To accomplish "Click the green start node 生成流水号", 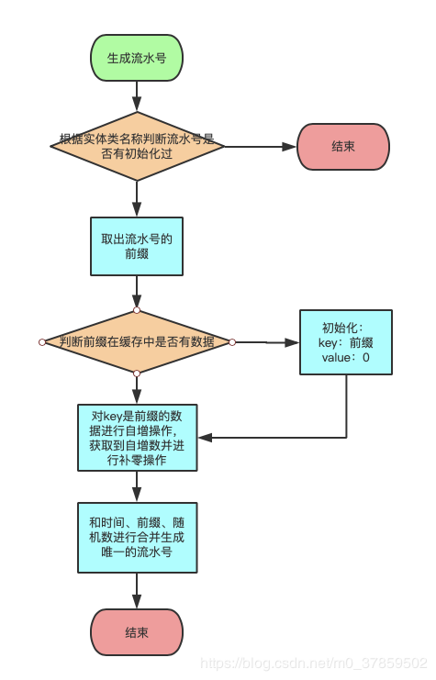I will pos(137,58).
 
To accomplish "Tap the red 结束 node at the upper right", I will pos(343,147).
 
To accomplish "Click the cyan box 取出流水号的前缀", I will pos(137,246).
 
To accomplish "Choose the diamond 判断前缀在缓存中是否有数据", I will pos(137,342).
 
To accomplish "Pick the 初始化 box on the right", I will pos(346,342).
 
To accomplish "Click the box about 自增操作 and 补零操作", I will pos(137,436).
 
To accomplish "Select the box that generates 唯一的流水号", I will pos(137,537).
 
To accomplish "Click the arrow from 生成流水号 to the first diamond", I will pos(137,94).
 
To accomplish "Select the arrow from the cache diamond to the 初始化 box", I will pos(266,342).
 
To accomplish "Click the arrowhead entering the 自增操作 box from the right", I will pos(204,438).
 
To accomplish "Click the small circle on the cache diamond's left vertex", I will pos(42,342).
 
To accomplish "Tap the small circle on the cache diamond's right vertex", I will pos(232,342).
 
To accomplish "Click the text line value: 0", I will pos(346,358).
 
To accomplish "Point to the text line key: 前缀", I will pos(346,342).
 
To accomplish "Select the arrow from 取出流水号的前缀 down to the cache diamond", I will pos(137,292).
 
